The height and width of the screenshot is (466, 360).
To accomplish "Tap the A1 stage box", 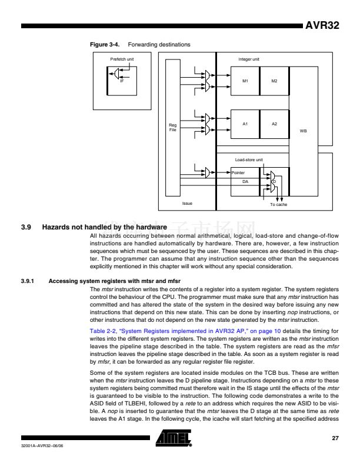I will (x=245, y=124).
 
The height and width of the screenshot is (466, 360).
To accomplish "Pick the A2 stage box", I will (x=274, y=124).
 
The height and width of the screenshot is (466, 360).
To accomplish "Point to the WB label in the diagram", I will (x=303, y=131).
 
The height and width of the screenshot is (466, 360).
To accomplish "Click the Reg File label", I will (x=172, y=127).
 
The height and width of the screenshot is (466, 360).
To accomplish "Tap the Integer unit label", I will (x=248, y=59).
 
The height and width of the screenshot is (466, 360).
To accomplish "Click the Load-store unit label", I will (x=248, y=159).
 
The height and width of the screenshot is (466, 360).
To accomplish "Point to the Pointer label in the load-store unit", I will (x=238, y=173).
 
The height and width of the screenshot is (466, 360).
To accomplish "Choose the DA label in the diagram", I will (x=246, y=182).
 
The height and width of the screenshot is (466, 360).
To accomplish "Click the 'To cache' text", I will (x=278, y=204).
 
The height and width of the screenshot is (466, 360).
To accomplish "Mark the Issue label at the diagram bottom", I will (x=187, y=204).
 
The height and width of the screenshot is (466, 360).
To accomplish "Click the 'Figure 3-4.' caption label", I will (x=101, y=45).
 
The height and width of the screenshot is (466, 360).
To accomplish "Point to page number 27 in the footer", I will (x=335, y=438).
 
